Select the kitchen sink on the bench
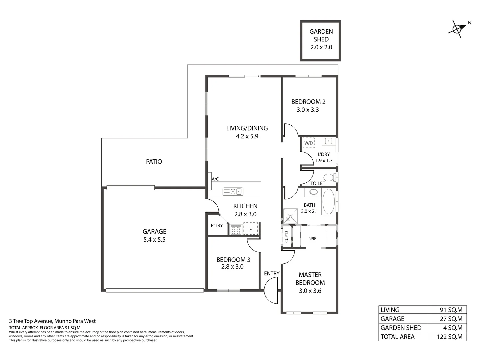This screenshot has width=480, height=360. click(233, 192)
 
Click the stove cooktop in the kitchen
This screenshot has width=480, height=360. click(236, 230)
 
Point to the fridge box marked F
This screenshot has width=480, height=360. click(251, 229)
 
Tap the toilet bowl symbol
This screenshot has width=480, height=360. click(330, 177)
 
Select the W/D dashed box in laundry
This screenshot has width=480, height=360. click(308, 143)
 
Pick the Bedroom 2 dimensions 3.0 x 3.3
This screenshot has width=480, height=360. click(308, 110)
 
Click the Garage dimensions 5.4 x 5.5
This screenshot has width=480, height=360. click(154, 240)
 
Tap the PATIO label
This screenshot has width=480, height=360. click(154, 162)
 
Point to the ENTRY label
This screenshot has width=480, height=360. click(272, 273)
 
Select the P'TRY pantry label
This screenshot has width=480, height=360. click(217, 226)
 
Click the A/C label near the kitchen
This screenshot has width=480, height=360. click(215, 179)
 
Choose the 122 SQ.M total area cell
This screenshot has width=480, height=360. click(447, 337)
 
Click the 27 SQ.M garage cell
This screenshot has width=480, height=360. click(447, 319)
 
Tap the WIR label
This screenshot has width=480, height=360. click(313, 239)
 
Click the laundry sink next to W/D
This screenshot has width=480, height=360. click(328, 141)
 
